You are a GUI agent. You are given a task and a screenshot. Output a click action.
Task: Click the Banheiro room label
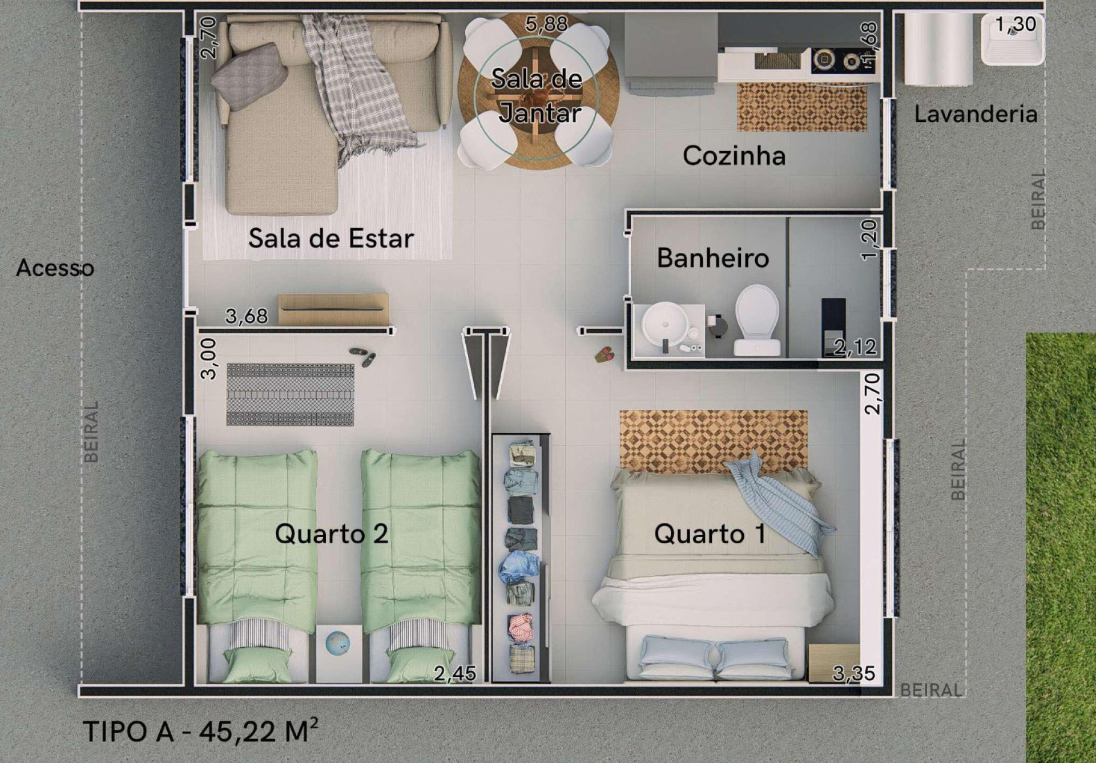pos(713,258)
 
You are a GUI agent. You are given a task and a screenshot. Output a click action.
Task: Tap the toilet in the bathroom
pos(757,320)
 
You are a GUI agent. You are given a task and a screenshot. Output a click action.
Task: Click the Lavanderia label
pos(976,114)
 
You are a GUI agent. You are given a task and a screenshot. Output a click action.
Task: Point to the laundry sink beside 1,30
pos(1012,39)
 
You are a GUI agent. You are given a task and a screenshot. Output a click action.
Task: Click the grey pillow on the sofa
pos(249,76)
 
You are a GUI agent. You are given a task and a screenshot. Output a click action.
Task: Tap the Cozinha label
pos(734,156)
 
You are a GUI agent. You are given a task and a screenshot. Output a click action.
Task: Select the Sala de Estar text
pos(331,238)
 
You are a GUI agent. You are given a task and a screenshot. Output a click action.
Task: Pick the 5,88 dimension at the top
pos(547,24)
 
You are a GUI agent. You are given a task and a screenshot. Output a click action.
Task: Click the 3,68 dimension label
pos(246,316)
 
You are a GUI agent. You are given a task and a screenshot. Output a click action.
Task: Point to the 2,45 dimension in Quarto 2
pos(455,673)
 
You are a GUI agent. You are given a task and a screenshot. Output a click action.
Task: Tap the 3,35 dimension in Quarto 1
pos(853,673)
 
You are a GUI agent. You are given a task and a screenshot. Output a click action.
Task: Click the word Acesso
pos(55,268)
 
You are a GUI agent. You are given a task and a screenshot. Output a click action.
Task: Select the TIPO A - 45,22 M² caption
pos(201,730)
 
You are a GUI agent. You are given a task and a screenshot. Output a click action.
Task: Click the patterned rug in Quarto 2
pos(290,394)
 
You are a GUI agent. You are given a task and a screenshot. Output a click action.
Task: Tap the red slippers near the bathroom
pos(605,354)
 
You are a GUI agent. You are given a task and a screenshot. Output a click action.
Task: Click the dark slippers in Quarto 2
pos(363,357)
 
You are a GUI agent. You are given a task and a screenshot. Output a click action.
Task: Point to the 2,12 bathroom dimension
pos(855,347)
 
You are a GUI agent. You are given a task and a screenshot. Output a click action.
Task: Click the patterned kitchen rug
pos(802,107)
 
